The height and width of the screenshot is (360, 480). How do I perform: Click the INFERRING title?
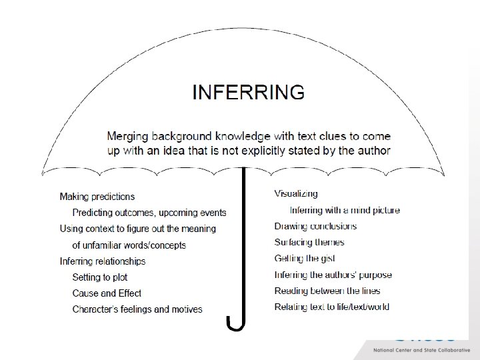(248, 91)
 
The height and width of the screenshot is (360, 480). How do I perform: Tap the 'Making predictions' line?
(97, 197)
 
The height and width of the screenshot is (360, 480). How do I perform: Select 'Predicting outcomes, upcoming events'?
(149, 213)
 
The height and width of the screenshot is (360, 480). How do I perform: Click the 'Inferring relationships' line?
(102, 261)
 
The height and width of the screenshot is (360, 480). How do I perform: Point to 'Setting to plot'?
(99, 277)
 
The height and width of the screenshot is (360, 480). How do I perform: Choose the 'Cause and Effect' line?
(107, 293)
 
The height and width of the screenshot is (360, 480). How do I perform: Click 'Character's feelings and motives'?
(137, 309)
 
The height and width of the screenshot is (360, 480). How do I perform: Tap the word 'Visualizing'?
(296, 194)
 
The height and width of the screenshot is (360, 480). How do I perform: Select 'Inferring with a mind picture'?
(345, 210)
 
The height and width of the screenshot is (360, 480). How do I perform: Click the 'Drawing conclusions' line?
(314, 227)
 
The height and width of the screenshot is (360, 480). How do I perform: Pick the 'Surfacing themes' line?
(309, 243)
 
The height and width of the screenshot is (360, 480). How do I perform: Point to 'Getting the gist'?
(304, 259)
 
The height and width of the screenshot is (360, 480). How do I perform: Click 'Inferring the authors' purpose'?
(333, 275)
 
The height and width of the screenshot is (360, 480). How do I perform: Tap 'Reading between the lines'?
(327, 291)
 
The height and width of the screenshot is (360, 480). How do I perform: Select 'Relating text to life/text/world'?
(332, 307)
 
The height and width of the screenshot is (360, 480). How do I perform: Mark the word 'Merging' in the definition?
(127, 136)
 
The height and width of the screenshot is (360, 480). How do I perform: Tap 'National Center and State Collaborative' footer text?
(421, 350)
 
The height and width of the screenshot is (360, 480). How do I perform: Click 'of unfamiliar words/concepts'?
(129, 245)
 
